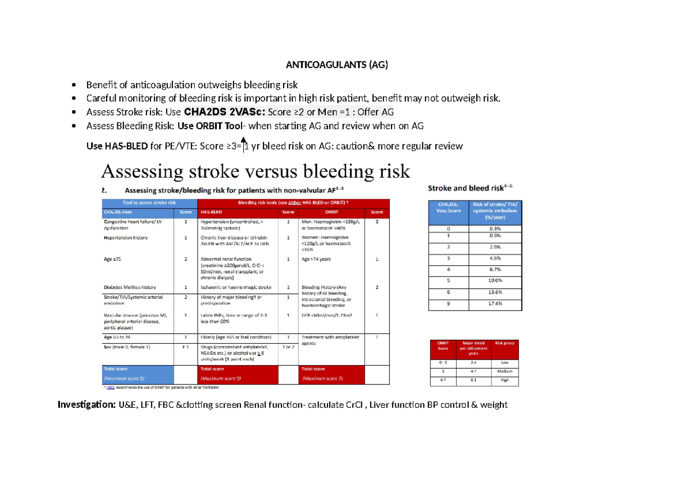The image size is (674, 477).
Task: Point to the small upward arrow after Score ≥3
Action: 243,141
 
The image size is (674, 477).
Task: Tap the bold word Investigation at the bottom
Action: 86,405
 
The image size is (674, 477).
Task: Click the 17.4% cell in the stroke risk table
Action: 495,303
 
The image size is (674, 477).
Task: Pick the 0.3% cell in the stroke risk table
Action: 495,229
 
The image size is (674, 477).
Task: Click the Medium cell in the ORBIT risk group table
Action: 505,372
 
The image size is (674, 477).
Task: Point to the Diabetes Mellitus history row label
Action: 129,287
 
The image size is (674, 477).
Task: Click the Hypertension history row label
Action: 126,238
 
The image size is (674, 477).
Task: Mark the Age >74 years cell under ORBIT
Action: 317,259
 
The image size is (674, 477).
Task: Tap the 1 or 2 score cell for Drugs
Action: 288,347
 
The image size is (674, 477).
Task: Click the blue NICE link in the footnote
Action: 111,388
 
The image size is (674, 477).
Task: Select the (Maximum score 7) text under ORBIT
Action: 322,379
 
